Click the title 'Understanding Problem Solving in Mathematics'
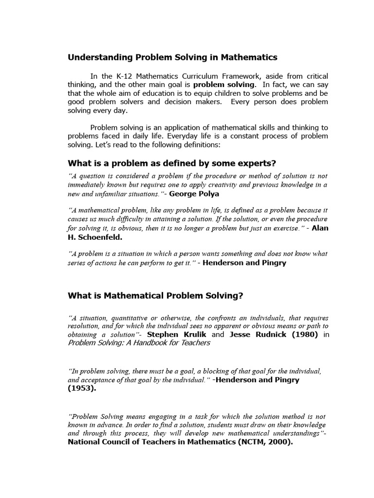(x=172, y=57)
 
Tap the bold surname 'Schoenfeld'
(x=101, y=237)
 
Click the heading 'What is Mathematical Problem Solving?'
(x=155, y=296)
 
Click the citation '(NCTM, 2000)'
(x=262, y=442)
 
